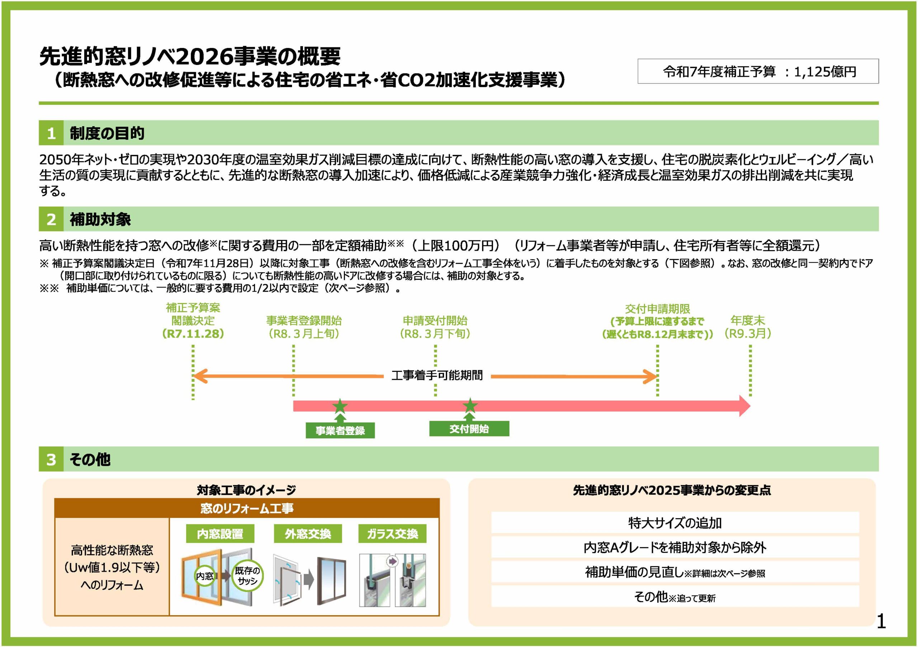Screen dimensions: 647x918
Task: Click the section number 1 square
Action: tap(51, 133)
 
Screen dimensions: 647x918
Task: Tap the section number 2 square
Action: tap(51, 219)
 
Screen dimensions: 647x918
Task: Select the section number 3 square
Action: tap(51, 459)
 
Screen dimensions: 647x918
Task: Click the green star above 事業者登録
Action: tap(340, 406)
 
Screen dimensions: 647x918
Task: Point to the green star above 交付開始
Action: tap(470, 406)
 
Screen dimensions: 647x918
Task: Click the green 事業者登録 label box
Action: tap(340, 431)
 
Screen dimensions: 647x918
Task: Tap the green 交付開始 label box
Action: tap(469, 429)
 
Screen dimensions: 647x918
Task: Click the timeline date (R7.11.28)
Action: tap(193, 334)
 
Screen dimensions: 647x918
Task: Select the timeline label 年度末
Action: tap(747, 320)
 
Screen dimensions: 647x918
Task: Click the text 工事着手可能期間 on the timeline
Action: tap(437, 376)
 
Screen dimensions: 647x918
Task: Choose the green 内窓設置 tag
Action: tap(220, 534)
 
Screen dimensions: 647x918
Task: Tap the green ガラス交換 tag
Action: tap(392, 534)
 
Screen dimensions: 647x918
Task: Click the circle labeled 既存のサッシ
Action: tap(247, 576)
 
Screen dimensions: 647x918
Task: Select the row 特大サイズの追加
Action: tap(675, 523)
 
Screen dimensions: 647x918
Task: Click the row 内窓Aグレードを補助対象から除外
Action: tap(675, 547)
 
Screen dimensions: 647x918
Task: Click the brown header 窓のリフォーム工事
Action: tap(247, 508)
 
